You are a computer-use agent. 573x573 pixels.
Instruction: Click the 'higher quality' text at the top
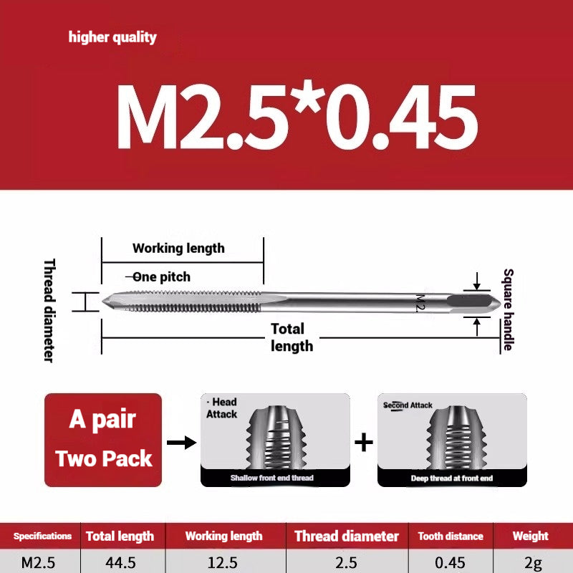pos(112,37)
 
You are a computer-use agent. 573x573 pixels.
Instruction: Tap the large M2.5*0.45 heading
pos(296,117)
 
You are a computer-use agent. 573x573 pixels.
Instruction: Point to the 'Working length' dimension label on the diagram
pos(178,249)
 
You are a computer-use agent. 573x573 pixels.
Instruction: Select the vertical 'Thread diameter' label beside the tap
pos(49,309)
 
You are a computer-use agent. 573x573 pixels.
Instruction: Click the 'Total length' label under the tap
pos(292,337)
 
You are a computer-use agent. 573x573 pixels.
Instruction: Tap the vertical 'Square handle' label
pos(508,309)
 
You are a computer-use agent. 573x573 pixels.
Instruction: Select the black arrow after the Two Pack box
pos(186,442)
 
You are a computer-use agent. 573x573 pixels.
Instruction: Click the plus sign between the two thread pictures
pos(364,442)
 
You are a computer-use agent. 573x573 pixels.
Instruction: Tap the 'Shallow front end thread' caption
pos(271,478)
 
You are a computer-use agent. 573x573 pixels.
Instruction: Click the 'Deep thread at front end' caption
pos(451,478)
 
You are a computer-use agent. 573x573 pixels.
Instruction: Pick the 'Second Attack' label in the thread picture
pos(408,405)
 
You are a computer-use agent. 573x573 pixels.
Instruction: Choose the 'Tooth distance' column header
pos(451,536)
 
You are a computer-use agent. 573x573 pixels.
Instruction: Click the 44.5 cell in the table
pos(120,562)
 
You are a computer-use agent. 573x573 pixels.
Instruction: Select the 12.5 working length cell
pos(223,562)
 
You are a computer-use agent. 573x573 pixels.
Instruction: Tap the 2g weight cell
pos(531,562)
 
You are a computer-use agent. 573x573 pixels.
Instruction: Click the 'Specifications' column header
pos(42,536)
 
